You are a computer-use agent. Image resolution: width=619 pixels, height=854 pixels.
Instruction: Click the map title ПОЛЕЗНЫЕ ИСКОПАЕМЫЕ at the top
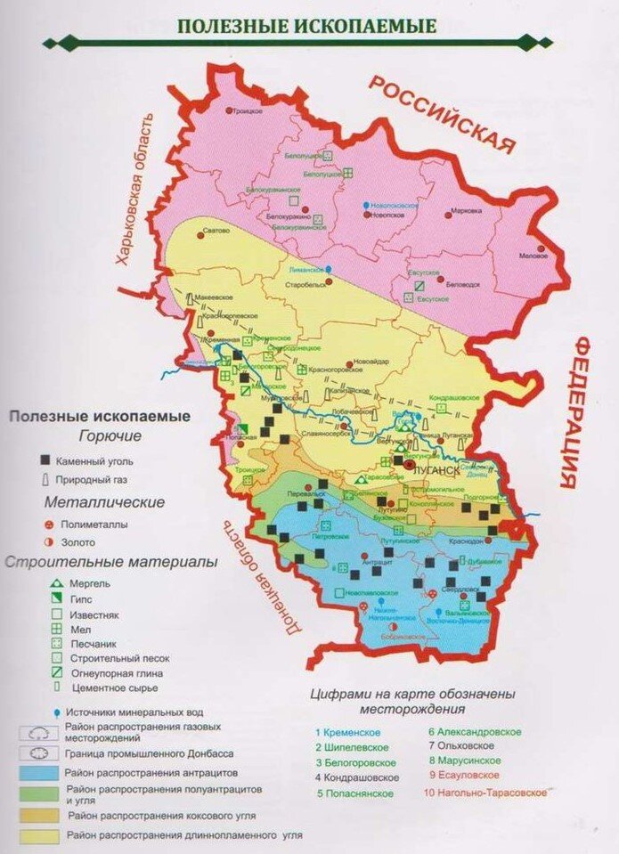coord(307,25)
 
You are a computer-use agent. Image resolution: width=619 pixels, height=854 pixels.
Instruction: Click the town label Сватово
coord(216,231)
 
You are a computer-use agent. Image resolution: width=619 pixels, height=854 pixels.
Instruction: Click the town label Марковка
coord(466,211)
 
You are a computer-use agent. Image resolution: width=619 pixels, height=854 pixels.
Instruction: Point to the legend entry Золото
coord(77,541)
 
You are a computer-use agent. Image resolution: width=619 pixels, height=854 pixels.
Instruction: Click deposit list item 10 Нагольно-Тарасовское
coord(485,793)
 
